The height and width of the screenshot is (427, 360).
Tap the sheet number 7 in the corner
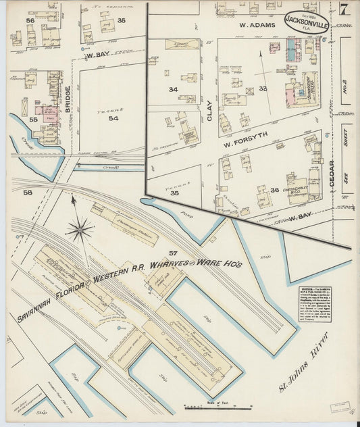coord(344,10)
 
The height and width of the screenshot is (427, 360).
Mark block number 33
coord(263,89)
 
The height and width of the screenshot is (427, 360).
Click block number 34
coord(173,89)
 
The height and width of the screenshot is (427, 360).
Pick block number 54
coord(113,118)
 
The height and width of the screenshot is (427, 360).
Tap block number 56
coord(30,21)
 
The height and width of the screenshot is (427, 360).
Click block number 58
coord(28,193)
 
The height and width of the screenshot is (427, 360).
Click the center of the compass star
coord(80,230)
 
